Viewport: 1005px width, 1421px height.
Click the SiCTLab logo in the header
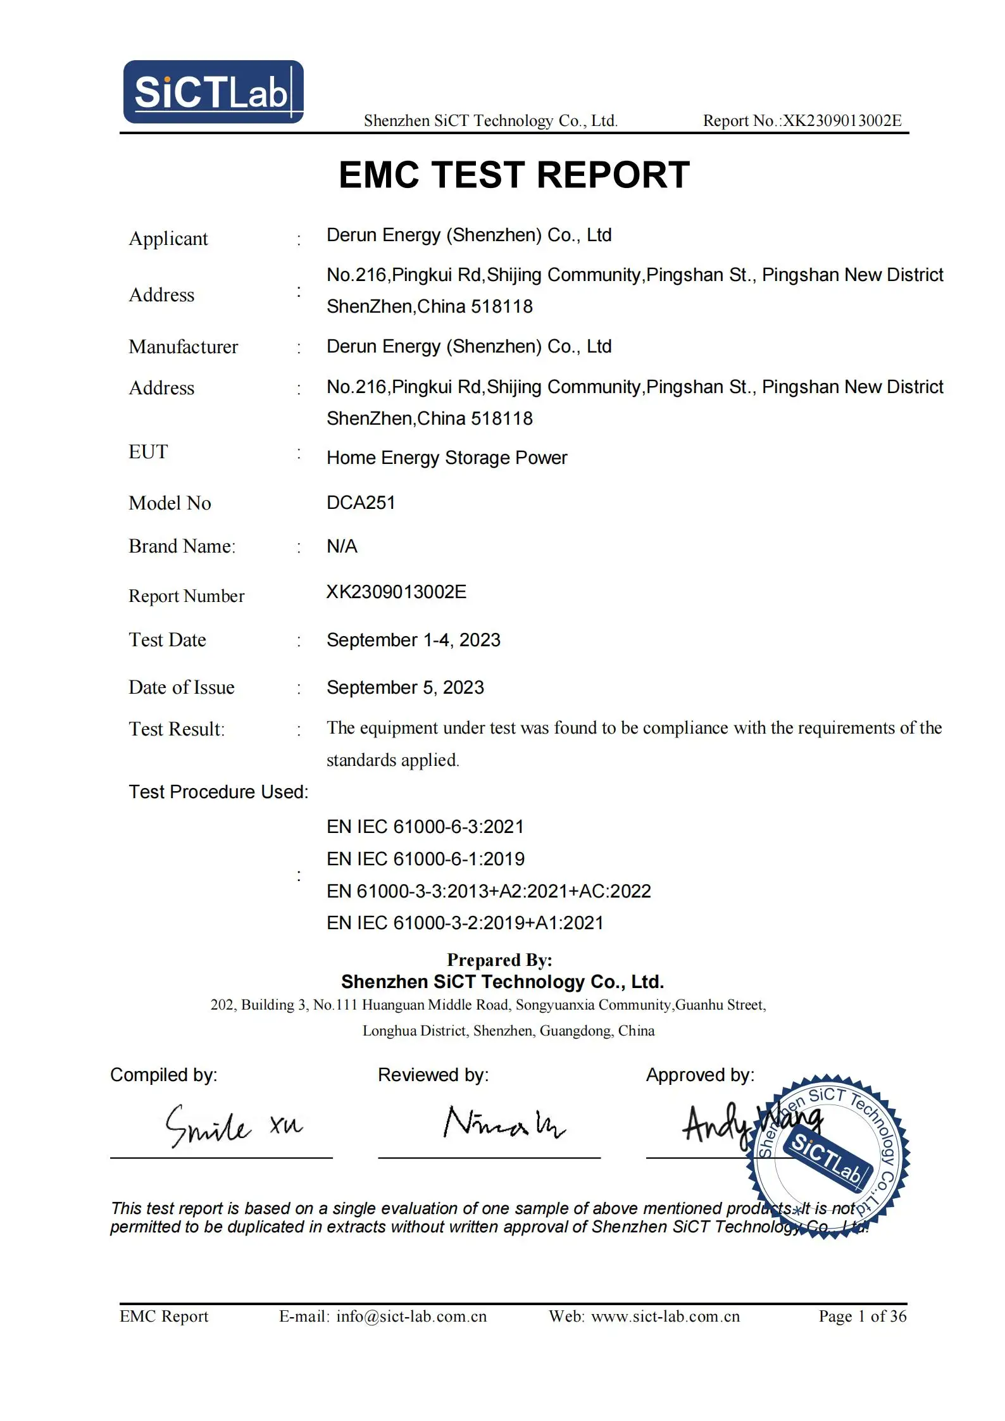pos(213,92)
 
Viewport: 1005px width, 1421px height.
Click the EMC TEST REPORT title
pos(514,175)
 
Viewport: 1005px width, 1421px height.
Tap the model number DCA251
pos(361,503)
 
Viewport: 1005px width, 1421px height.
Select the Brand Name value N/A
pos(342,546)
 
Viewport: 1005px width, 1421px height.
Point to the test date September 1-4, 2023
pos(413,640)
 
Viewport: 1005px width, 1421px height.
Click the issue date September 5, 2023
pos(405,687)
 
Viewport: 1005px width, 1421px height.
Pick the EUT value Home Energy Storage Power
pos(447,458)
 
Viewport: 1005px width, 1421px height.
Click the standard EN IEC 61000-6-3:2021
pos(425,827)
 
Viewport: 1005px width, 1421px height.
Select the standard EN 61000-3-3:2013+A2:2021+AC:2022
pos(489,891)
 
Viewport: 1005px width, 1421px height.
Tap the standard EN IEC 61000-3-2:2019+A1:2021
pos(465,923)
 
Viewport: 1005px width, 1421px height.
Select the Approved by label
pos(700,1075)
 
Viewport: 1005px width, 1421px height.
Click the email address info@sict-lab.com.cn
pos(411,1317)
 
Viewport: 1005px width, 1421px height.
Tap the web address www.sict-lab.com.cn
pos(665,1317)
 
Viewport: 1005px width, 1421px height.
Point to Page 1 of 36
pos(863,1317)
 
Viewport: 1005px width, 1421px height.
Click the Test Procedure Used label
pos(218,792)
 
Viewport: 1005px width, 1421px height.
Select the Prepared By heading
pos(499,960)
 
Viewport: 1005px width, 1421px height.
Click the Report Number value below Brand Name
pos(396,592)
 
